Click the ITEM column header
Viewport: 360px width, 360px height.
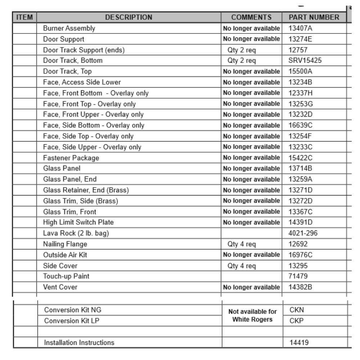[x=25, y=17]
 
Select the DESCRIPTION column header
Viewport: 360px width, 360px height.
[x=129, y=17]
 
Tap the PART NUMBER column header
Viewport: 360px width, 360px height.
[x=314, y=17]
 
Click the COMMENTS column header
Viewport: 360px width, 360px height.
[x=251, y=17]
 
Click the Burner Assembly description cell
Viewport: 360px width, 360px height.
[x=69, y=28]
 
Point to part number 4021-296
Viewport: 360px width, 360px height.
[x=303, y=233]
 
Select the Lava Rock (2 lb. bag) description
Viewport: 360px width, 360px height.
[x=76, y=233]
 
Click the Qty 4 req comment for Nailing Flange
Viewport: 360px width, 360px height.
[x=242, y=244]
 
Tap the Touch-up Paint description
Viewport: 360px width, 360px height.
[x=66, y=276]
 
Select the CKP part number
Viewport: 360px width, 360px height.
[x=297, y=321]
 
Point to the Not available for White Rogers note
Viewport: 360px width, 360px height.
[x=252, y=315]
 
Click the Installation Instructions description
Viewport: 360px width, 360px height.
[x=79, y=343]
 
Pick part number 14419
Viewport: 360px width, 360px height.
[x=299, y=343]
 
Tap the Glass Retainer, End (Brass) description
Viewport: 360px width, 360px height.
[x=86, y=190]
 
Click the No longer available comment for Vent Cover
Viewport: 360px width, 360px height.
[x=251, y=287]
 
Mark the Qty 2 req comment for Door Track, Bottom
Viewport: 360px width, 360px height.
[x=242, y=60]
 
